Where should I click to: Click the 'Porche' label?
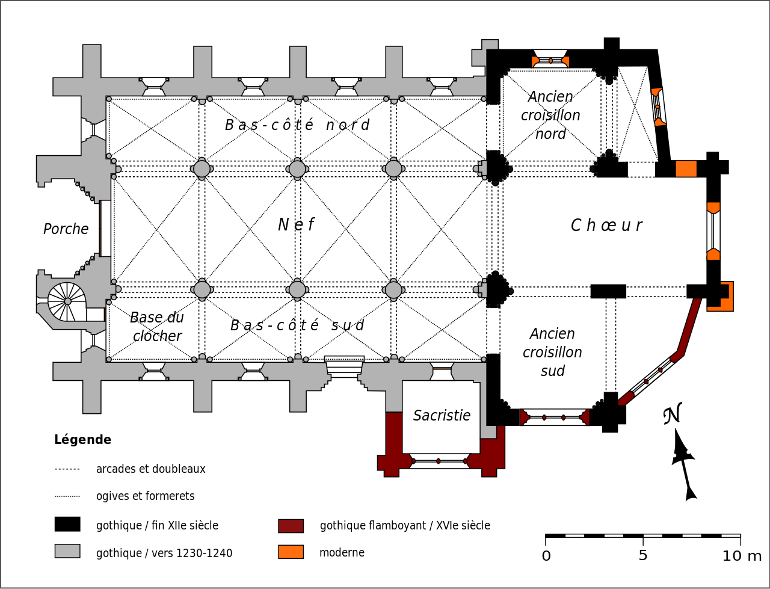tap(66, 229)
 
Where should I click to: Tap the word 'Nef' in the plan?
tap(296, 225)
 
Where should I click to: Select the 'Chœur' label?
tap(606, 226)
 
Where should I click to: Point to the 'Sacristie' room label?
tap(442, 416)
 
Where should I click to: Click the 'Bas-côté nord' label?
tap(297, 125)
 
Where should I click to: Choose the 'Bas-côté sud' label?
tap(297, 325)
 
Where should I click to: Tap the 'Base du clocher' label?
tap(157, 327)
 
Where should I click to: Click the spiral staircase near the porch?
tap(67, 301)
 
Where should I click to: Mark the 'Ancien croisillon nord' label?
tap(550, 115)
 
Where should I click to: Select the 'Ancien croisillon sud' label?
tap(552, 352)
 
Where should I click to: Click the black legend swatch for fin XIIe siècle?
tap(67, 524)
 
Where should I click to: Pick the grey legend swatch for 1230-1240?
tap(67, 551)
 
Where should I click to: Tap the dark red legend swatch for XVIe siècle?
tap(291, 526)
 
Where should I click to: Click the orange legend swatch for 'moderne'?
tap(291, 552)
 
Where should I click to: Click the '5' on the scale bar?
tap(642, 556)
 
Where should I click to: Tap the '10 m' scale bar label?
tap(741, 556)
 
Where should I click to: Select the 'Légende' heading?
tap(82, 440)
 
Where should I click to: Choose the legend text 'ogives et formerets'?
tap(145, 496)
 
